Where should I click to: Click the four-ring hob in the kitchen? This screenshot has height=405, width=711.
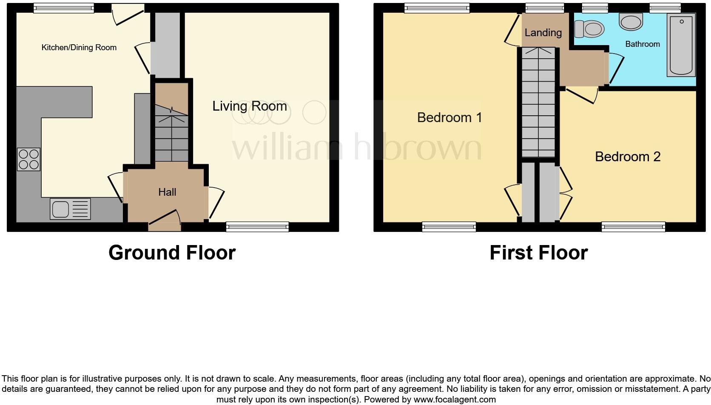click(28, 159)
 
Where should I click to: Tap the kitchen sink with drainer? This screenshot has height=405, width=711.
click(70, 209)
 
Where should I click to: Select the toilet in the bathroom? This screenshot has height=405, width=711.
click(589, 29)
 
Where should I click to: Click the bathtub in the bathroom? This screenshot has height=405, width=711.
click(681, 45)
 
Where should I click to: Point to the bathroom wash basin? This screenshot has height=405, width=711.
click(631, 22)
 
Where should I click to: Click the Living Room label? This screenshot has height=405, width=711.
click(250, 106)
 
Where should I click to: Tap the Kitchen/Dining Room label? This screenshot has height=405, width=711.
click(79, 48)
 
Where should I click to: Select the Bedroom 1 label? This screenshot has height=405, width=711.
click(449, 117)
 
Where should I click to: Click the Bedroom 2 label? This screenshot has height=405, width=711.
click(627, 157)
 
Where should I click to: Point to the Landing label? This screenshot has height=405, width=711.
click(543, 33)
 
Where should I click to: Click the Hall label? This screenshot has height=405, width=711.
click(167, 192)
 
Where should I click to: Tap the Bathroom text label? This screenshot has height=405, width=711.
click(642, 44)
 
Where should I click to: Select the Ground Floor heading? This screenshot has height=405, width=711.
click(172, 253)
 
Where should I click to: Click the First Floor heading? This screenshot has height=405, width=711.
click(538, 253)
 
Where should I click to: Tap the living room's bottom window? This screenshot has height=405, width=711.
click(257, 227)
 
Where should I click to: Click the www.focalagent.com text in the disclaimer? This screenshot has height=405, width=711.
click(455, 399)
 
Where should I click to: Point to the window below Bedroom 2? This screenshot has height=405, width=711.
click(633, 227)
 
